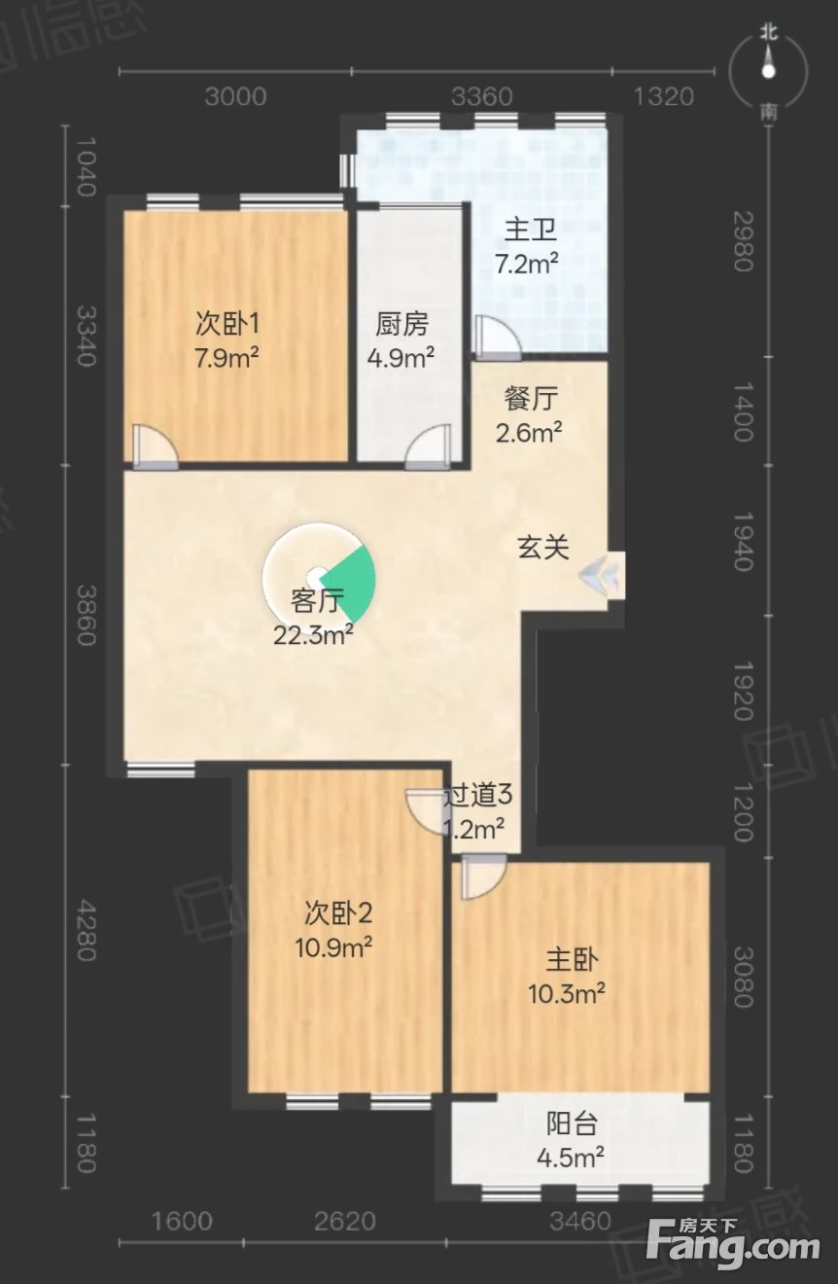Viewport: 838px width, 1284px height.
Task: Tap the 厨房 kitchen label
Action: pyautogui.click(x=402, y=325)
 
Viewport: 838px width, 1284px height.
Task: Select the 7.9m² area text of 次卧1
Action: pyautogui.click(x=227, y=358)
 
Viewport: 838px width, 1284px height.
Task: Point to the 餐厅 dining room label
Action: pyautogui.click(x=531, y=399)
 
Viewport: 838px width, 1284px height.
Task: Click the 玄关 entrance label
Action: pyautogui.click(x=543, y=547)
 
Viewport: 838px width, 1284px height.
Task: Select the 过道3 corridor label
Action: pyautogui.click(x=478, y=795)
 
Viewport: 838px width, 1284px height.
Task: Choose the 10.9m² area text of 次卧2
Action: pyautogui.click(x=334, y=947)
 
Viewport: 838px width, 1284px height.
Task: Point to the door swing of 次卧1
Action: pyautogui.click(x=155, y=447)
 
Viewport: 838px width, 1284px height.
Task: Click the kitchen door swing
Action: pyautogui.click(x=428, y=447)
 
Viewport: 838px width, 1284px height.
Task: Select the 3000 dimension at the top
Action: pyautogui.click(x=236, y=97)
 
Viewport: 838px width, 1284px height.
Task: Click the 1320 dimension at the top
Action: pyautogui.click(x=663, y=97)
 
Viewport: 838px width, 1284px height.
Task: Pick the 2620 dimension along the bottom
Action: pyautogui.click(x=345, y=1222)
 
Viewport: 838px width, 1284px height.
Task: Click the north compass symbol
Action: pyautogui.click(x=769, y=72)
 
